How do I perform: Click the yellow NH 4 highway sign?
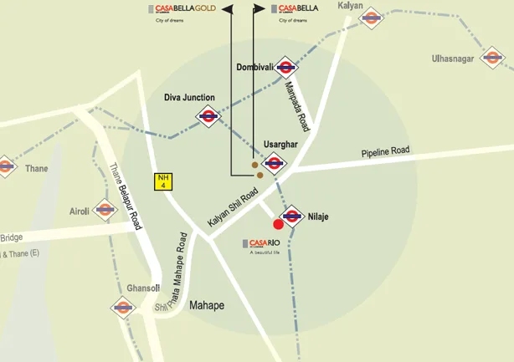tap(162, 181)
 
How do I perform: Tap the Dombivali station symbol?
tap(285, 67)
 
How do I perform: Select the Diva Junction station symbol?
tap(208, 117)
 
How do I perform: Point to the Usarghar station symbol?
tap(276, 162)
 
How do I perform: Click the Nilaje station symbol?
tap(291, 217)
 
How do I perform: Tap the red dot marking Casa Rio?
tap(279, 224)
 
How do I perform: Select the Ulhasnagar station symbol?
tap(492, 59)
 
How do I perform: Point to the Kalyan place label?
tap(351, 5)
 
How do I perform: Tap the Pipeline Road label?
tap(385, 152)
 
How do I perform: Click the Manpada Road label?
tap(296, 106)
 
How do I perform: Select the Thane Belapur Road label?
tap(126, 196)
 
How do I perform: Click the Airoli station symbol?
tap(105, 209)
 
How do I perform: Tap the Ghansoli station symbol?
tap(123, 307)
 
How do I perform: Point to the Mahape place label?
tap(207, 305)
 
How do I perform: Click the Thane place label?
tap(36, 168)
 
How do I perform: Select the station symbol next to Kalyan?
tap(371, 18)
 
